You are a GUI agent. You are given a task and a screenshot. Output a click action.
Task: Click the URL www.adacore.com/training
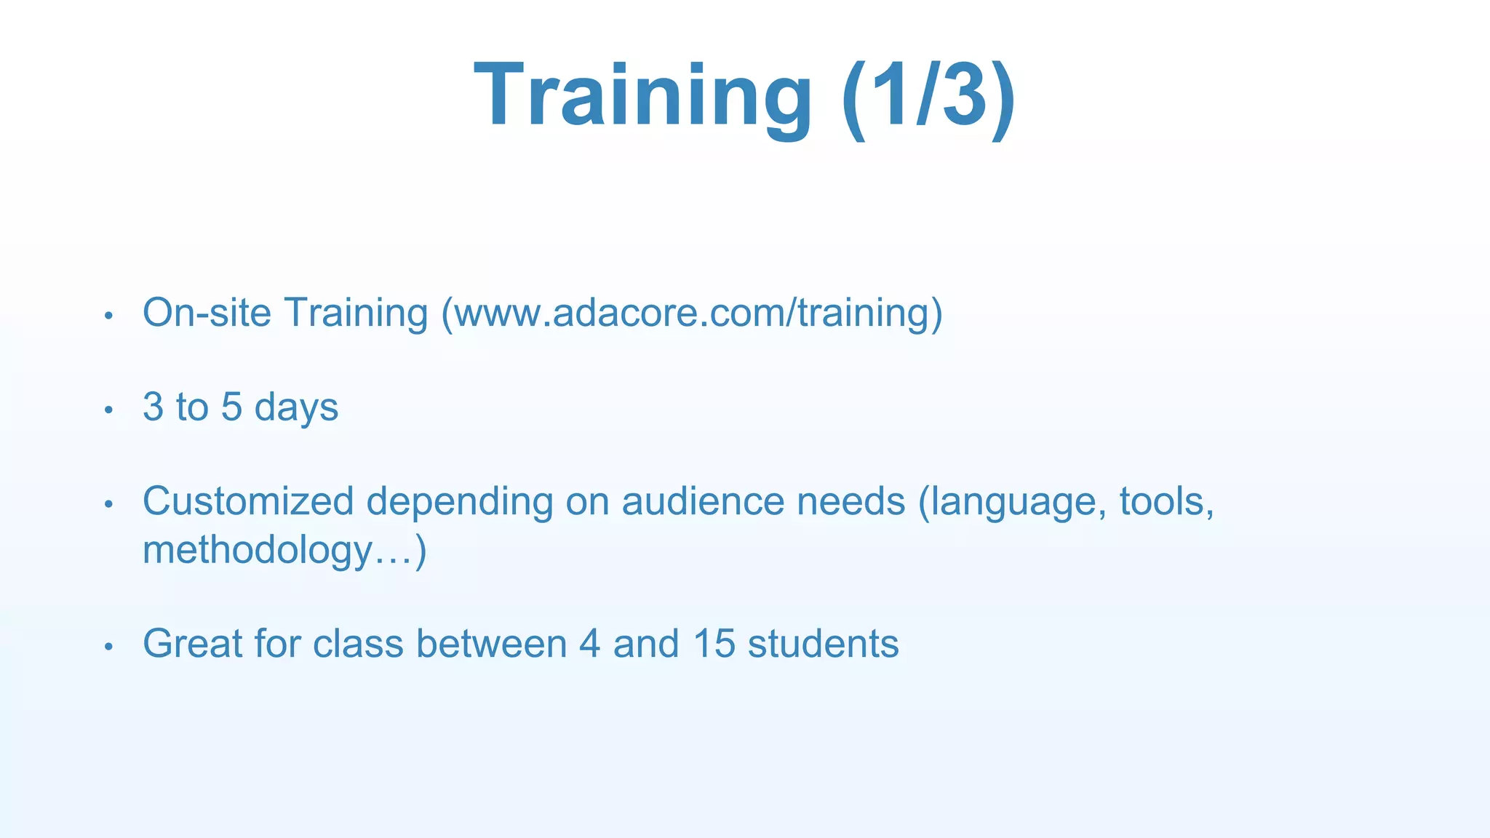point(692,313)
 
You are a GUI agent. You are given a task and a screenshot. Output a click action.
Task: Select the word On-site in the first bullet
point(207,313)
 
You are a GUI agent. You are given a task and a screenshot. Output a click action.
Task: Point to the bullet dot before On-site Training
point(108,316)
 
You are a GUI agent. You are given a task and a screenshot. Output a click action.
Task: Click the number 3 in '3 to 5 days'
point(153,407)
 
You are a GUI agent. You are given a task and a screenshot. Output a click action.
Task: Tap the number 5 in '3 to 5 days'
point(231,407)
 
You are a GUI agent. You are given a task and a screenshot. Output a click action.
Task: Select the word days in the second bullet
point(296,408)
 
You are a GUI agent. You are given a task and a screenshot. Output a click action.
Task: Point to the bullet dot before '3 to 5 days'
point(108,411)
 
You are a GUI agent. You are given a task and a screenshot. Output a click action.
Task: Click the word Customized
point(248,501)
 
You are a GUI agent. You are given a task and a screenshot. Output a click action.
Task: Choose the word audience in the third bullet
point(702,501)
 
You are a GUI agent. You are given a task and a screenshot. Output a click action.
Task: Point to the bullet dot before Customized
point(108,504)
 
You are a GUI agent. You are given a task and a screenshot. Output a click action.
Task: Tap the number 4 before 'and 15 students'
point(590,644)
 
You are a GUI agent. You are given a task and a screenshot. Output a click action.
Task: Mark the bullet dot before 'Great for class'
point(108,647)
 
